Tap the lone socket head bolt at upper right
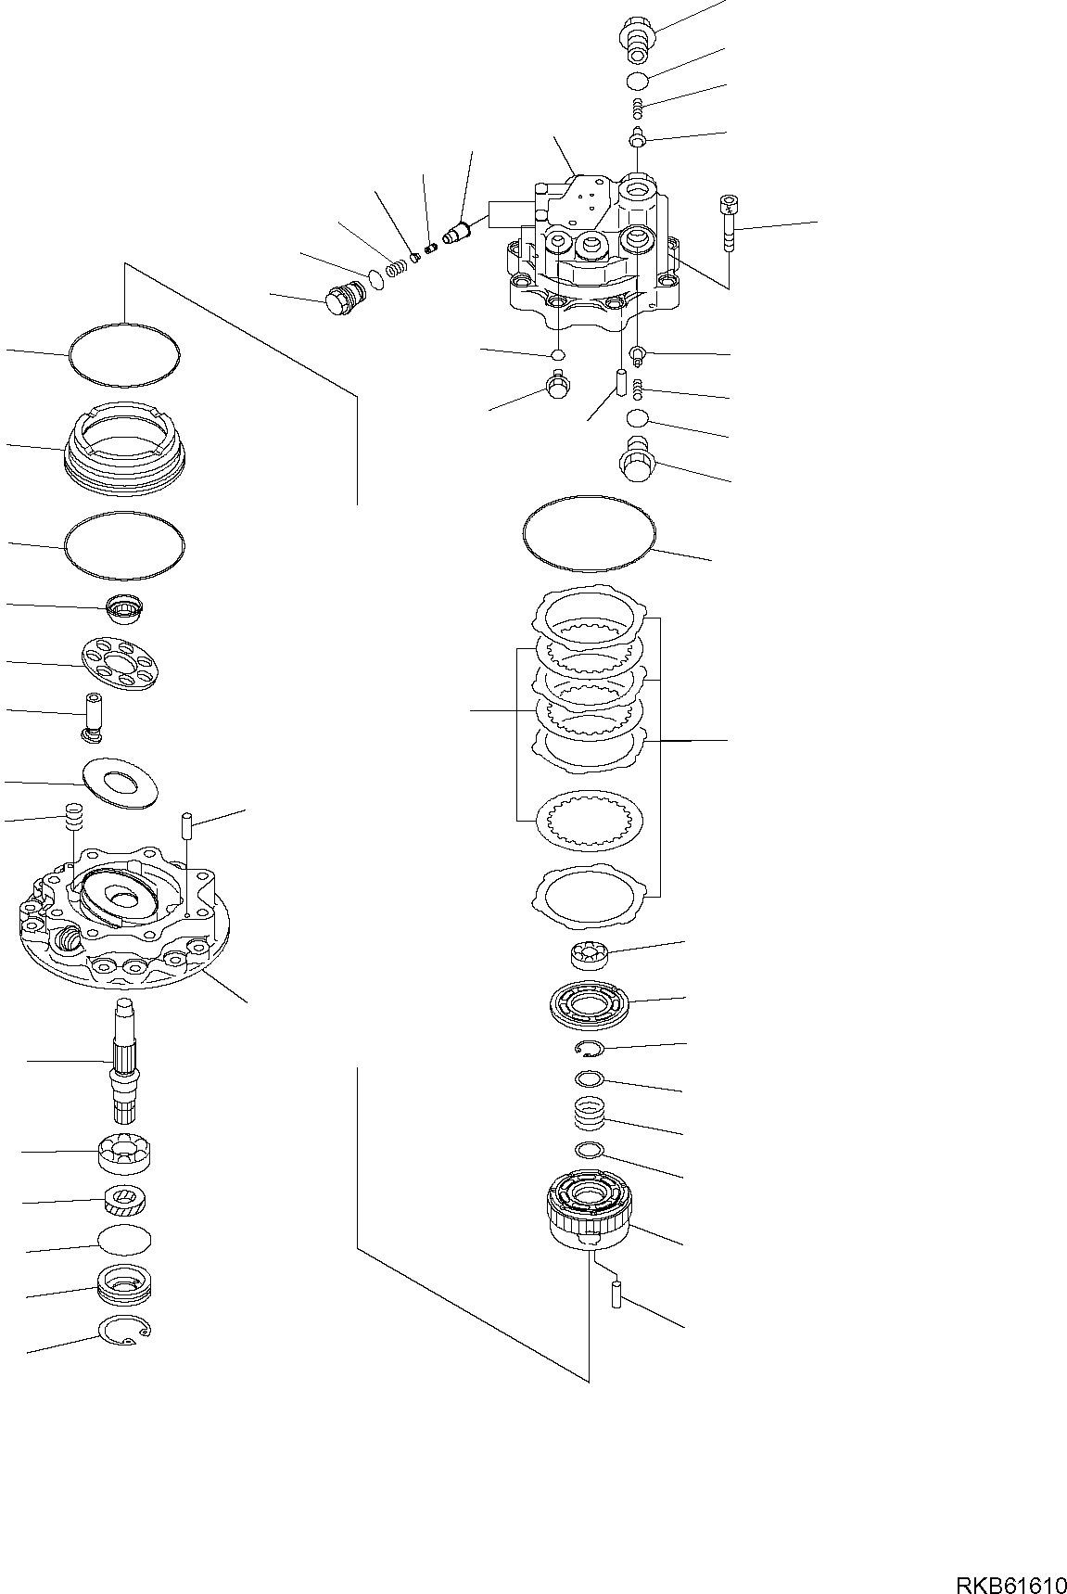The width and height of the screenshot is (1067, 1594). tap(727, 223)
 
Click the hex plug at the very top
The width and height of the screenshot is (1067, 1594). tap(636, 32)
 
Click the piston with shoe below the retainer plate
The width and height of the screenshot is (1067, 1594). tap(95, 717)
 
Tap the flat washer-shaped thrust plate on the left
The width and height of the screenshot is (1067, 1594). tap(119, 781)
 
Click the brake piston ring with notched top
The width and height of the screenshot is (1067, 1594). tap(123, 445)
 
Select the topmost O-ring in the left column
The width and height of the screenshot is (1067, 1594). tap(124, 353)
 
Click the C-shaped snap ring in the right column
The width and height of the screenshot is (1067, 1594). tap(589, 1048)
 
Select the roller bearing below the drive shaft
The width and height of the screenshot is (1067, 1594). tap(124, 1153)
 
